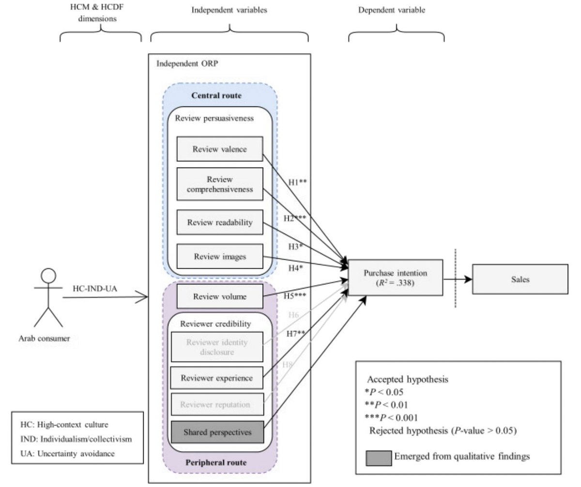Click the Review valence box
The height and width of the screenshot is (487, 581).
click(219, 149)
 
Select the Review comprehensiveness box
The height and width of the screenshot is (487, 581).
click(219, 184)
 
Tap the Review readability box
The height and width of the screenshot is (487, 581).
click(219, 223)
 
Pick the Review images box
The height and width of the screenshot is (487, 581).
click(219, 257)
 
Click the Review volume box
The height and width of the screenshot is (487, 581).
click(219, 296)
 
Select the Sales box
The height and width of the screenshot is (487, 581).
click(520, 279)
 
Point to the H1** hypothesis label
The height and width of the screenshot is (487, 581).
click(297, 182)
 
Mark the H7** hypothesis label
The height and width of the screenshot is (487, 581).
click(295, 333)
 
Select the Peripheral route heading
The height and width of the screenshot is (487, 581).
click(216, 462)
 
